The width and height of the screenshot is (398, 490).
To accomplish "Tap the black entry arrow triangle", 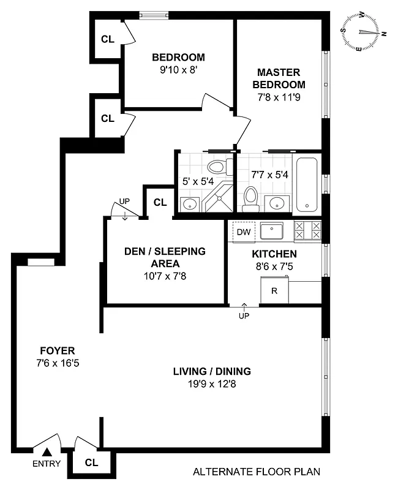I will click(46, 452).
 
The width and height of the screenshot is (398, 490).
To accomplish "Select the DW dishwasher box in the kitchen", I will click(243, 232).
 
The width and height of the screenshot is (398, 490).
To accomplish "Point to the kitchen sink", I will click(272, 231).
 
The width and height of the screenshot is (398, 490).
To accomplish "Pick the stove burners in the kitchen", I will click(307, 231).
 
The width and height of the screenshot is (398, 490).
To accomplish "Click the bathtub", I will click(307, 184).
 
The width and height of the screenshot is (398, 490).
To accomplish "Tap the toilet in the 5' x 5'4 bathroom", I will click(216, 167).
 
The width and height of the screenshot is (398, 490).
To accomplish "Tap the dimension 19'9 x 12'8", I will click(211, 385).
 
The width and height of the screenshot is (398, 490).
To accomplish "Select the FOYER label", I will click(57, 351).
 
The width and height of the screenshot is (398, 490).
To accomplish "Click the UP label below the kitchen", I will click(244, 316).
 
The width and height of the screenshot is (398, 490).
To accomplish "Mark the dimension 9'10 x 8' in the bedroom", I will click(178, 70).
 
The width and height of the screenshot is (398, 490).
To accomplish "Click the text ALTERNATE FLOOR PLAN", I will click(256, 472).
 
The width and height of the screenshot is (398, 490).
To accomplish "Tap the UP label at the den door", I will click(124, 201).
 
